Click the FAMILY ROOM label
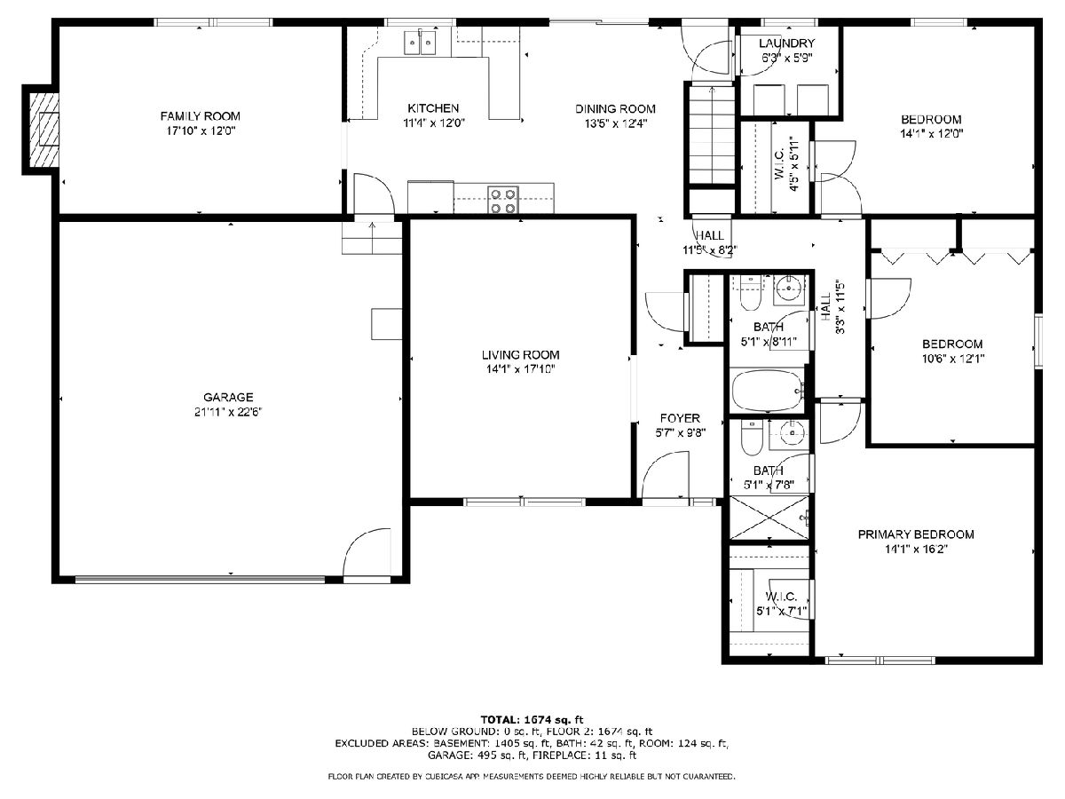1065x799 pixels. pyautogui.click(x=200, y=116)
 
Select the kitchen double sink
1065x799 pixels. pyautogui.click(x=420, y=43)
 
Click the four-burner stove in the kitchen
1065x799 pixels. pyautogui.click(x=502, y=200)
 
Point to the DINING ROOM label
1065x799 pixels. pyautogui.click(x=615, y=109)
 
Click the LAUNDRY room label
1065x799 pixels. pyautogui.click(x=786, y=44)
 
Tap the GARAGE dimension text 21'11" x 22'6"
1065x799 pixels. pyautogui.click(x=228, y=412)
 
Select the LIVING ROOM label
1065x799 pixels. pyautogui.click(x=521, y=355)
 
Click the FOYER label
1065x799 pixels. pyautogui.click(x=680, y=418)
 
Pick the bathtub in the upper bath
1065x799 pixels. pyautogui.click(x=768, y=391)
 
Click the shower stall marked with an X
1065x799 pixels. pyautogui.click(x=769, y=518)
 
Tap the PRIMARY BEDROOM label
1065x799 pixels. pyautogui.click(x=916, y=534)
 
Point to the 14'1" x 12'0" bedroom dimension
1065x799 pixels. pyautogui.click(x=932, y=134)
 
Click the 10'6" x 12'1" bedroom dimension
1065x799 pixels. pyautogui.click(x=953, y=359)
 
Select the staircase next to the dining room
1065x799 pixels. pyautogui.click(x=712, y=135)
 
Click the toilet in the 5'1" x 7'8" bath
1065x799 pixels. pyautogui.click(x=752, y=438)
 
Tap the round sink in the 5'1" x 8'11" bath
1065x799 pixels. pyautogui.click(x=789, y=290)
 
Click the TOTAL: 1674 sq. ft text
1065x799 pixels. pyautogui.click(x=532, y=720)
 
